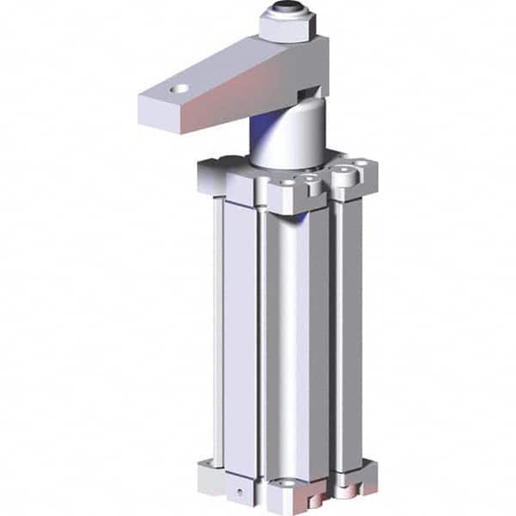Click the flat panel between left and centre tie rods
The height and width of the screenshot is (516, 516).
point(240,335)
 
